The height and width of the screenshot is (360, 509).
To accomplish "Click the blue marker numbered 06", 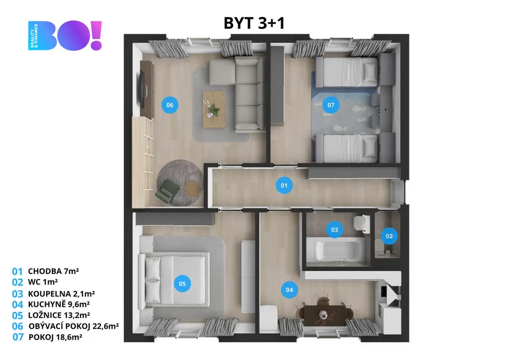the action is point(170,105).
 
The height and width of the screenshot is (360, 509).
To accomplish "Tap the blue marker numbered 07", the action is point(331,105).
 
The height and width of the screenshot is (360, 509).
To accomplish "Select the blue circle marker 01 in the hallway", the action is point(284,185).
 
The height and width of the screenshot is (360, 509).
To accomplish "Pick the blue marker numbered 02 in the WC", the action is point(389,236).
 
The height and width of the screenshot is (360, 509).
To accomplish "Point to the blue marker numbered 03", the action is point(335,230).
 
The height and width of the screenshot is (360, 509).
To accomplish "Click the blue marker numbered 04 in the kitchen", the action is point(289,289).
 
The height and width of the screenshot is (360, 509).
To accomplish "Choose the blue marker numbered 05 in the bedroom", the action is point(182,283).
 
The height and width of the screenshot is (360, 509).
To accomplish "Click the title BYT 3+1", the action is point(254,23).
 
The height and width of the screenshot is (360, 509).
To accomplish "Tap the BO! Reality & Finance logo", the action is point(65,35).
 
